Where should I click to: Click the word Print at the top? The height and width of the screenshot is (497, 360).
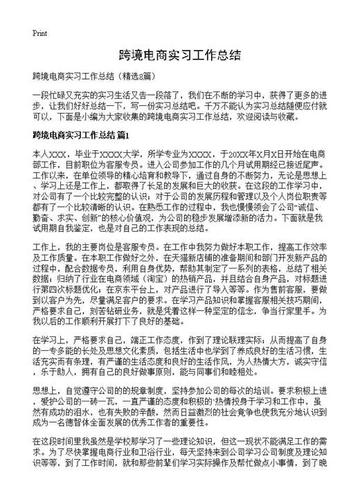pyautogui.click(x=39, y=33)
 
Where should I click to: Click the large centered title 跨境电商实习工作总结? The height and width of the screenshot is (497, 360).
pyautogui.click(x=179, y=54)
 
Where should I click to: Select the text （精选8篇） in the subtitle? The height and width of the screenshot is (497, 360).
pyautogui.click(x=142, y=74)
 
